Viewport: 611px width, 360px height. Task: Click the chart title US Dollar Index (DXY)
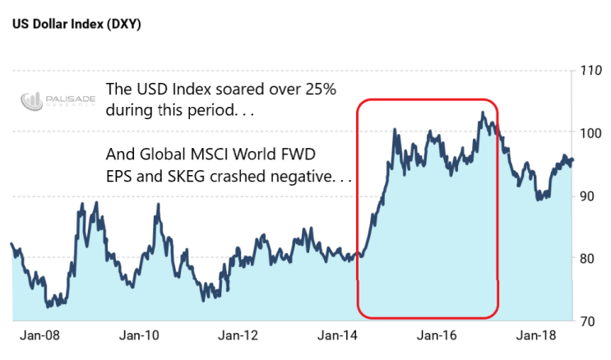(76, 24)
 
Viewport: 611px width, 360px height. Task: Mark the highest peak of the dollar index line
(483, 113)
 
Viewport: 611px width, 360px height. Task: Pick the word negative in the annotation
(308, 175)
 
